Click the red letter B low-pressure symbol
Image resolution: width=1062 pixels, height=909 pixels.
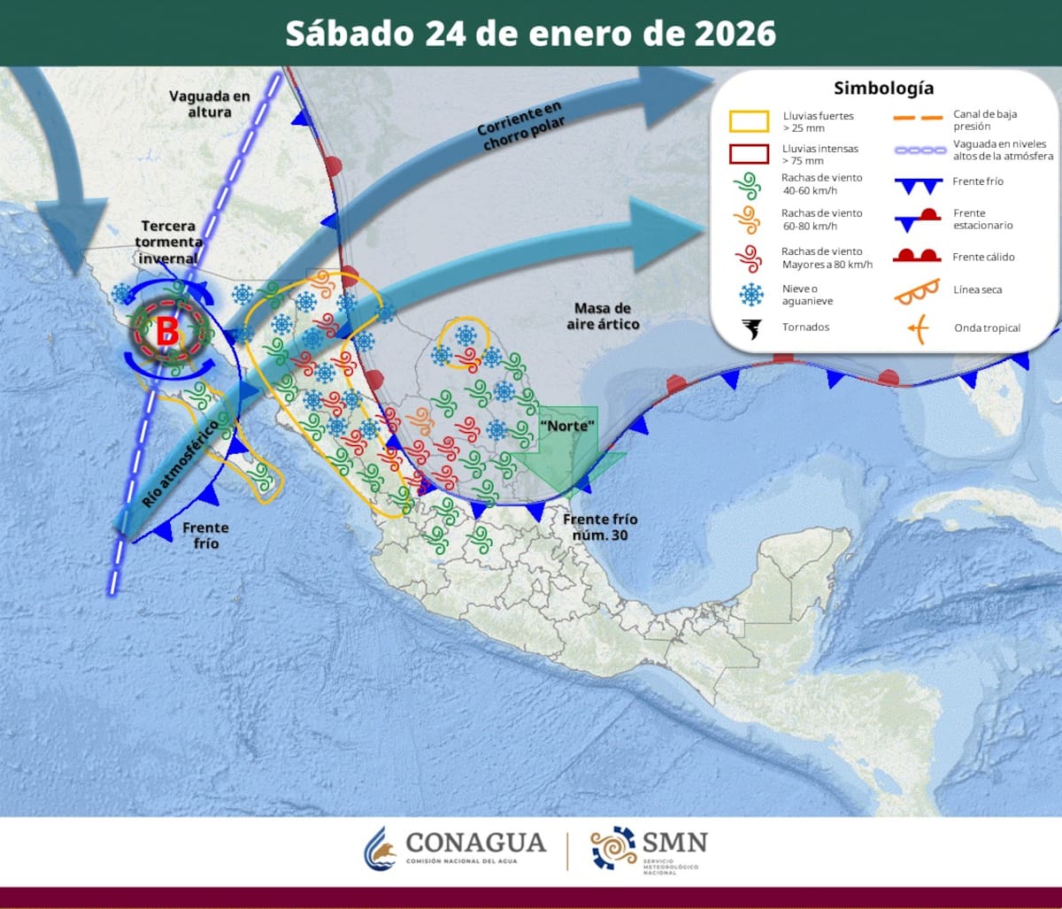point(167,332)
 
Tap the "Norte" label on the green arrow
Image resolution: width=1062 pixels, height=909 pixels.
point(566,427)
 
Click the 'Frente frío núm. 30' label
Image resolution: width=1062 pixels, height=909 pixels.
point(600,528)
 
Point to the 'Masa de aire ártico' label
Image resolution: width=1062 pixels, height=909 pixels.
point(603,316)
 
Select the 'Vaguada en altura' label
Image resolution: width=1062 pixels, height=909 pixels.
point(211,104)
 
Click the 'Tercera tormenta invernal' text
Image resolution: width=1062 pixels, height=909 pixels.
point(170,242)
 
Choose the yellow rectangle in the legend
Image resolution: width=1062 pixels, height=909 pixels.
point(749,121)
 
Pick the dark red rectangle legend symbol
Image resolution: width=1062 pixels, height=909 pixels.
point(749,153)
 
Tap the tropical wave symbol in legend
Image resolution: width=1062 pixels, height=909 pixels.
point(917,329)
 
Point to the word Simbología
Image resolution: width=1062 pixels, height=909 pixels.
point(883,89)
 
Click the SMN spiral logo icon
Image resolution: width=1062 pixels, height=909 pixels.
point(614,848)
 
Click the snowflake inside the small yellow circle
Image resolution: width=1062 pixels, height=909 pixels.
point(465,335)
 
